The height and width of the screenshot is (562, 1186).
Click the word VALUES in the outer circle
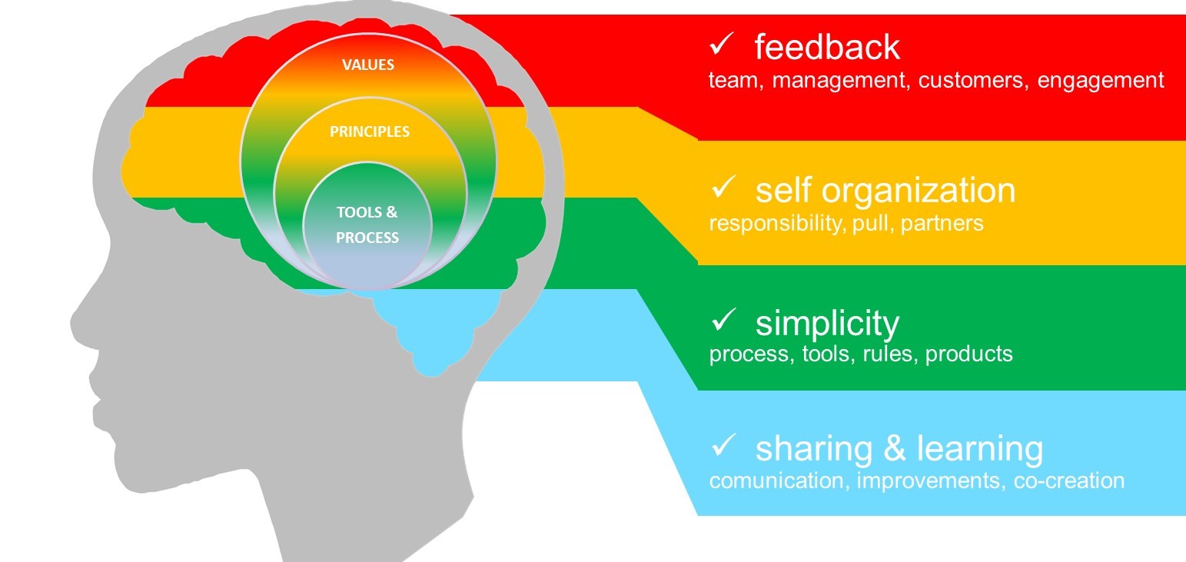(367, 65)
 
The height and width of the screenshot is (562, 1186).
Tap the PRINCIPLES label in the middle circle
(369, 131)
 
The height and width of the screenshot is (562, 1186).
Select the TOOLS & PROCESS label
(367, 225)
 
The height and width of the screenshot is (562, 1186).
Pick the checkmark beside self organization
(723, 187)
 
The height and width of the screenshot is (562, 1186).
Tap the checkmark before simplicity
(723, 320)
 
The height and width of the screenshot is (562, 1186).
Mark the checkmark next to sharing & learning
(723, 444)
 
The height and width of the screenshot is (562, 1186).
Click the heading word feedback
(826, 47)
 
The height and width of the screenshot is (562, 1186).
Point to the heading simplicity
(827, 324)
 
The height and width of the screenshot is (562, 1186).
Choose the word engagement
(1101, 80)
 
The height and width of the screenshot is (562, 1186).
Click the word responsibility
(777, 224)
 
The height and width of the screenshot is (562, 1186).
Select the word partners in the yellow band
(942, 224)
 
